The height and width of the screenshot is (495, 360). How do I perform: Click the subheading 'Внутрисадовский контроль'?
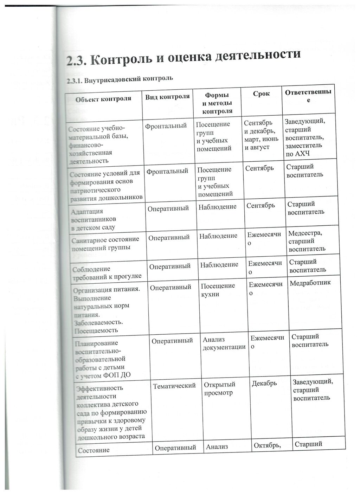coord(120,79)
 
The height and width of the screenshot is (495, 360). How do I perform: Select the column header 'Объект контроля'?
coord(103,99)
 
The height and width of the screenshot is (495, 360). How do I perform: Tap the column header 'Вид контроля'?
coord(167,97)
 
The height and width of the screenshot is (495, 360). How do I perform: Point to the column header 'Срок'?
coord(261,94)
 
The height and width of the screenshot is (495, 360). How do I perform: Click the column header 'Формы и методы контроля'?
coord(217,103)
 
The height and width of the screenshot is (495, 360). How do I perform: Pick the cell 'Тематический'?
coord(174,386)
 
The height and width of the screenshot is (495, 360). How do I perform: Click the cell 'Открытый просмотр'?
coord(220,388)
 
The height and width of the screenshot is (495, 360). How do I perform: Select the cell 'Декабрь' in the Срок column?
coord(264,383)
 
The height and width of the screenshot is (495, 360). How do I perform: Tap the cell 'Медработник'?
coord(310,282)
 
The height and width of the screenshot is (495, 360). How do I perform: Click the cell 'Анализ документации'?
coord(224,343)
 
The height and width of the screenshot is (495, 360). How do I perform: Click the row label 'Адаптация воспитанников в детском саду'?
coord(94,219)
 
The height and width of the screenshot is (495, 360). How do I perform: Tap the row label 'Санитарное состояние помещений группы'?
coord(105,243)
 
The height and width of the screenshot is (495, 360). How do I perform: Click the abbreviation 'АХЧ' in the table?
coord(302,154)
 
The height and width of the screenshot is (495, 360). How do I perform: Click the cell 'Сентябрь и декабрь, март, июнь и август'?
coord(261,135)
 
